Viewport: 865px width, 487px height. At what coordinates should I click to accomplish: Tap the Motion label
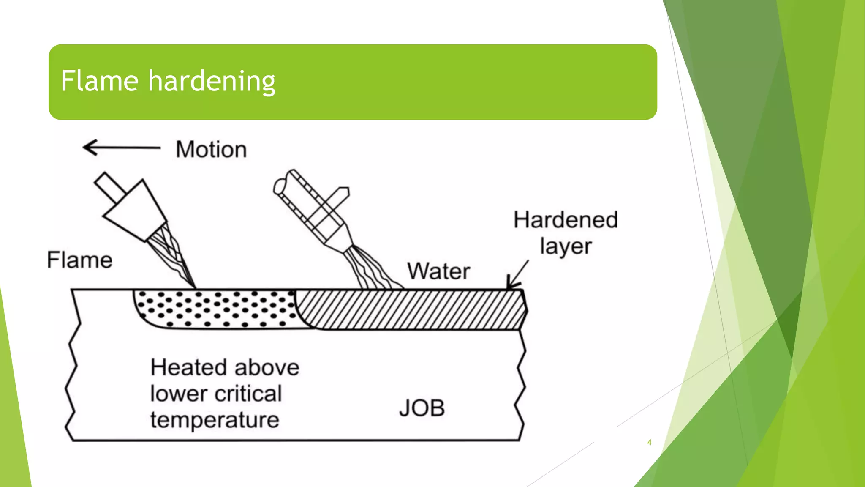click(x=211, y=150)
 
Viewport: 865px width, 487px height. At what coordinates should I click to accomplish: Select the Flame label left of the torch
click(x=79, y=260)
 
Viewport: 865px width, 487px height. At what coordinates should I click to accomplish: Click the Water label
click(x=438, y=271)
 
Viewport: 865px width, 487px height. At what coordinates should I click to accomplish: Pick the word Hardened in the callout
click(x=566, y=220)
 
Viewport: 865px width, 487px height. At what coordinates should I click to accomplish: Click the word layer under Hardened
click(x=566, y=246)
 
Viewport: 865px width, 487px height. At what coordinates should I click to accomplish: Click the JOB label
click(x=422, y=408)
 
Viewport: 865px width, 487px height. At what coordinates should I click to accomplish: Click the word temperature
click(x=215, y=420)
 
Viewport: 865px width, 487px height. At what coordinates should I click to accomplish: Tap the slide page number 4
click(x=649, y=442)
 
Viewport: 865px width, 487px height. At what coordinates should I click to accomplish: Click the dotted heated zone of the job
click(x=215, y=309)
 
